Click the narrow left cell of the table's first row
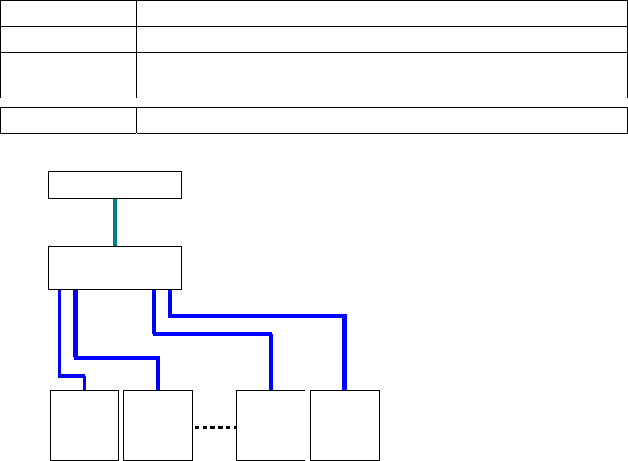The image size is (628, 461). click(x=68, y=13)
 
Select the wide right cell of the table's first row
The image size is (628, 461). click(x=381, y=13)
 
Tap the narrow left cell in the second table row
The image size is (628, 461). click(x=68, y=39)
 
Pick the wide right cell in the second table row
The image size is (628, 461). click(x=381, y=39)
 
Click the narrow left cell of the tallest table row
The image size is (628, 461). click(x=68, y=74)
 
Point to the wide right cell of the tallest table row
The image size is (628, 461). click(x=381, y=74)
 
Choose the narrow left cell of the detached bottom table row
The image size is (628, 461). click(x=68, y=121)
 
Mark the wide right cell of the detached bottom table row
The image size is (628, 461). click(x=381, y=121)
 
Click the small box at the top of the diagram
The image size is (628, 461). click(x=115, y=185)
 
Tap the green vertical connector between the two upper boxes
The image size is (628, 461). click(x=115, y=223)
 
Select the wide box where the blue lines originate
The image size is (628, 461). click(x=115, y=268)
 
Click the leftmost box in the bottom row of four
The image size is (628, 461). click(x=85, y=425)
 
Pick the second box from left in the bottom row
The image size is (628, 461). click(x=158, y=425)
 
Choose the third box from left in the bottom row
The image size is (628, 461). click(x=271, y=425)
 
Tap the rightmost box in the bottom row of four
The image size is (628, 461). click(x=344, y=425)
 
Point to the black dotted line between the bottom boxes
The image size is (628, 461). click(x=214, y=426)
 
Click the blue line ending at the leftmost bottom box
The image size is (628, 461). click(x=60, y=337)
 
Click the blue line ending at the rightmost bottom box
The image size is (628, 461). click(x=259, y=316)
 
